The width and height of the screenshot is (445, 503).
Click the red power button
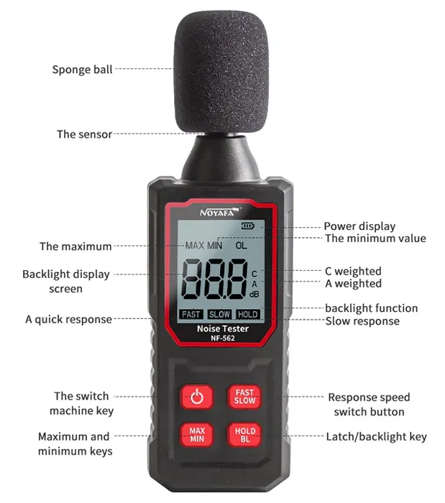coord(198,397)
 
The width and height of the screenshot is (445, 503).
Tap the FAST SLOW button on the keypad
coord(244,397)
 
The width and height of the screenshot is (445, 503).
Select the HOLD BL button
coord(244,435)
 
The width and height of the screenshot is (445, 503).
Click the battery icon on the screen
coord(248,226)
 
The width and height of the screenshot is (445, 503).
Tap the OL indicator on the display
coord(241,245)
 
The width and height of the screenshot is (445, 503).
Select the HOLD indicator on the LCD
coord(248,314)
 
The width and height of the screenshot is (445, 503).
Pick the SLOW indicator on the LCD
coord(219,314)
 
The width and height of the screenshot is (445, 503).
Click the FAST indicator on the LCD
coord(191,314)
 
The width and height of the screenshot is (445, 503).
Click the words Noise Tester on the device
coord(222,328)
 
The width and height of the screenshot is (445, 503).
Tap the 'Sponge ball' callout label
coord(82,70)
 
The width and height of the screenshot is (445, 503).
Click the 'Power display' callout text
coord(359,226)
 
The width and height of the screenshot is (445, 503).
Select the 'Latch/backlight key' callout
coord(376,436)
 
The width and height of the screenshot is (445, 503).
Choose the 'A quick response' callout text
coord(68,319)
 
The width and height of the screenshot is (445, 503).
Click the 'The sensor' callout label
coord(84,134)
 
